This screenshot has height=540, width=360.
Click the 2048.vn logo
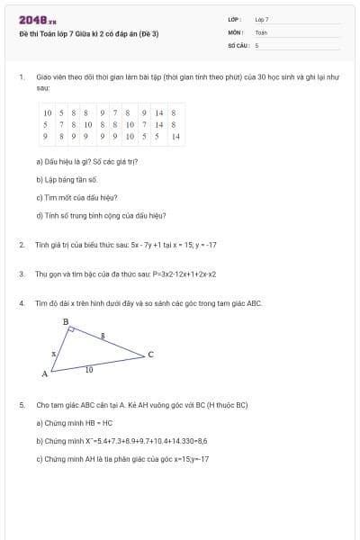pyautogui.click(x=37, y=20)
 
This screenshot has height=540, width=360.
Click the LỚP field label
pyautogui.click(x=233, y=19)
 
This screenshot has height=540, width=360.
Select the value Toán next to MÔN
pyautogui.click(x=261, y=31)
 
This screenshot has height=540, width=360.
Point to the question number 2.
pyautogui.click(x=21, y=245)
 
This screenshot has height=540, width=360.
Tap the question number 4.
pyautogui.click(x=21, y=303)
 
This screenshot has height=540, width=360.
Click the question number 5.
pyautogui.click(x=21, y=405)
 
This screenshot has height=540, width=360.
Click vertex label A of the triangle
pyautogui.click(x=44, y=373)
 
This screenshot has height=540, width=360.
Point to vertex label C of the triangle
pyautogui.click(x=150, y=354)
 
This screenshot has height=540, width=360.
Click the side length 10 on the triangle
pyautogui.click(x=88, y=370)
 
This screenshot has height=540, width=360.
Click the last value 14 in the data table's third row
pyautogui.click(x=175, y=137)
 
